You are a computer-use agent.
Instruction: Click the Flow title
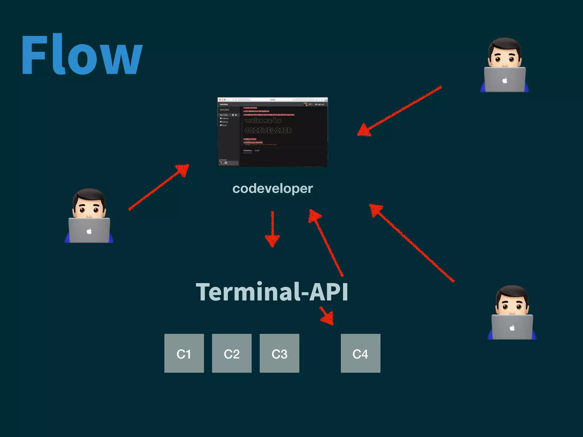(x=82, y=55)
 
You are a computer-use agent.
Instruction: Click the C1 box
(x=184, y=353)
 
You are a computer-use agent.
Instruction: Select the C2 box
(x=232, y=353)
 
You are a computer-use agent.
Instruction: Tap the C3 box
(x=279, y=353)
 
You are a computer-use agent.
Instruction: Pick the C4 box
(x=360, y=353)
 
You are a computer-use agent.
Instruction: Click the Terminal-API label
(x=272, y=292)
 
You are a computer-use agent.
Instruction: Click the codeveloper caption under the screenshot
(x=272, y=189)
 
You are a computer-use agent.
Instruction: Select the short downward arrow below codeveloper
(x=272, y=229)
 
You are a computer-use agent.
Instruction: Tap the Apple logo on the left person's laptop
(x=89, y=231)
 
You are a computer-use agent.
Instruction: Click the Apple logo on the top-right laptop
(x=505, y=81)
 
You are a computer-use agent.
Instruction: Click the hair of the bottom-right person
(x=512, y=293)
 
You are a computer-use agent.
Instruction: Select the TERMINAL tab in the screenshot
(x=247, y=151)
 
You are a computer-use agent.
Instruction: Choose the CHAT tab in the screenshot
(x=257, y=151)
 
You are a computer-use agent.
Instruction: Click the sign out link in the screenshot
(x=320, y=104)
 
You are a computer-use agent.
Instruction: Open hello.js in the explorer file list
(x=225, y=122)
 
